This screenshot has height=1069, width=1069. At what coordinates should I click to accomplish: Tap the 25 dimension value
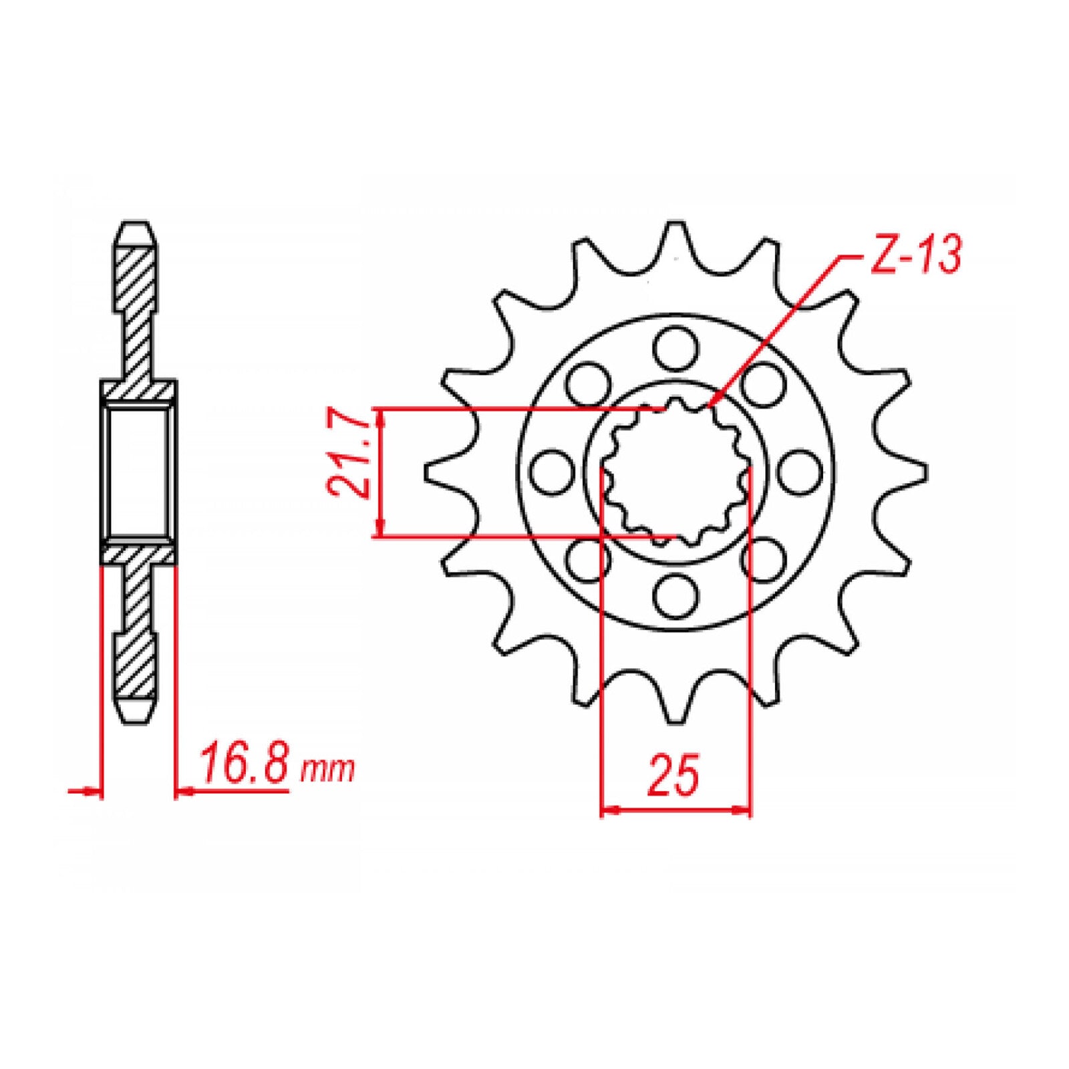pos(673,776)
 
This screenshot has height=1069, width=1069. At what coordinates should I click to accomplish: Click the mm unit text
pos(327,770)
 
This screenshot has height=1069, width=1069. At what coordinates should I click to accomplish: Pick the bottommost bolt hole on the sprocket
pos(675,596)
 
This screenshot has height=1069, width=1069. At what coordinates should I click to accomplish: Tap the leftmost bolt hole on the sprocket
pos(552,472)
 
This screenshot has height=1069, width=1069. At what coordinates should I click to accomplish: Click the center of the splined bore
pos(675,472)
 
